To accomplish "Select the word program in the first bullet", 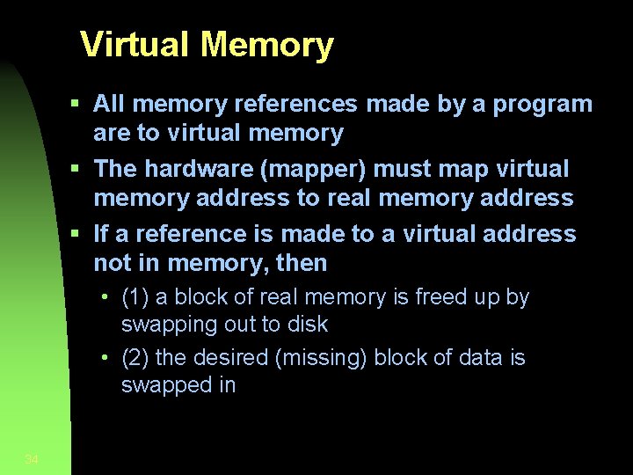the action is pyautogui.click(x=543, y=105).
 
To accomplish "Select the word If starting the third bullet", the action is pyautogui.click(x=102, y=234).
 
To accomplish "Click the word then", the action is pyautogui.click(x=301, y=263).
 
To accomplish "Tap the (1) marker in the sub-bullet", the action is pyautogui.click(x=135, y=297).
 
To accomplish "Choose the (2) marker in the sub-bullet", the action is pyautogui.click(x=135, y=358).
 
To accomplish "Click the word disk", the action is pyautogui.click(x=306, y=325).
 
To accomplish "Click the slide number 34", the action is pyautogui.click(x=32, y=459).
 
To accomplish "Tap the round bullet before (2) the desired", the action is pyautogui.click(x=105, y=358).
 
